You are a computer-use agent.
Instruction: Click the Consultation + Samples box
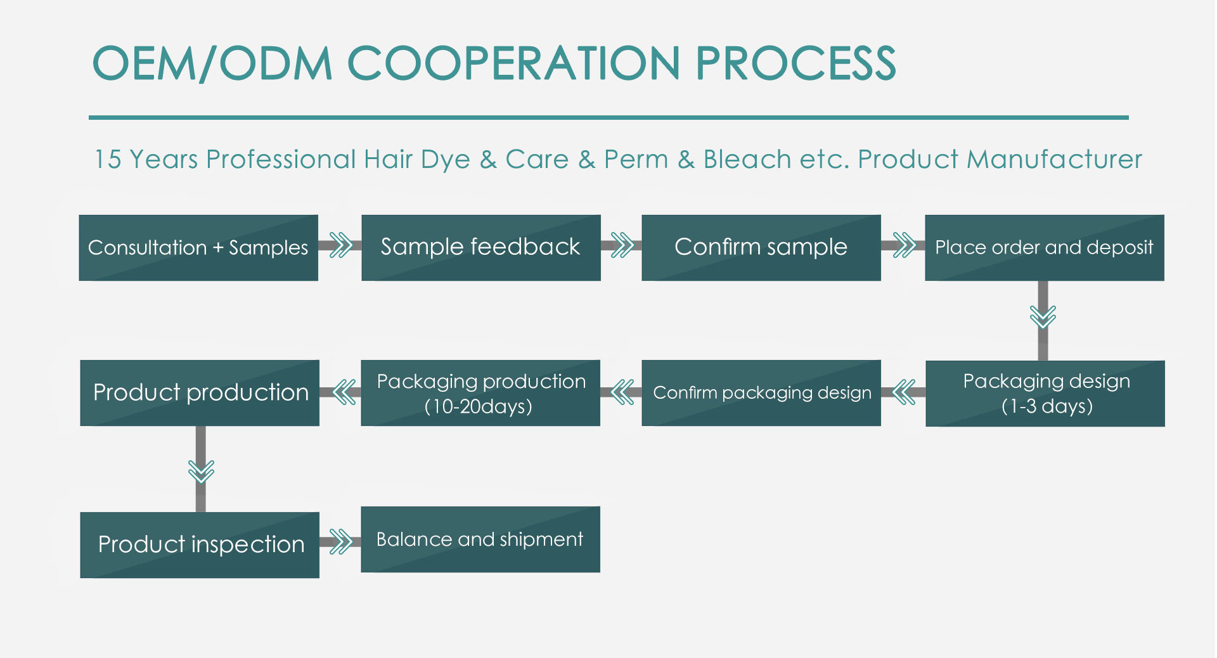coord(198,248)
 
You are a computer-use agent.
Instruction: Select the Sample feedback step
coord(481,248)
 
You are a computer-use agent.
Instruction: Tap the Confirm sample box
coord(761,248)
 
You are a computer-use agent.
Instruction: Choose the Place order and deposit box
coord(1045,248)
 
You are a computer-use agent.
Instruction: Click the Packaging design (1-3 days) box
coord(1045,394)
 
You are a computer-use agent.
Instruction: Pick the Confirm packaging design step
coord(761,393)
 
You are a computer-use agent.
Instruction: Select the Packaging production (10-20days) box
coord(480,393)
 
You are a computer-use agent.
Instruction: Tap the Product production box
coord(200,393)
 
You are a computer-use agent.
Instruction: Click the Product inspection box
coord(200,545)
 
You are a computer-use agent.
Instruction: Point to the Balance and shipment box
coord(480,539)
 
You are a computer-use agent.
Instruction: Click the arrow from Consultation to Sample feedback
coord(340,245)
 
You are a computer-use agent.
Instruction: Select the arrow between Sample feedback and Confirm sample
coord(622,245)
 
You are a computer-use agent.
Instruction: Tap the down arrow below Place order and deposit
coord(1043,320)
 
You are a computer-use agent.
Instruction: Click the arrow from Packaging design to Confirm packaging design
coord(903,392)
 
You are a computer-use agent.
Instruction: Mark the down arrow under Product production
coord(201,470)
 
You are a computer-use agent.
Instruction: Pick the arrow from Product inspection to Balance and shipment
coord(340,542)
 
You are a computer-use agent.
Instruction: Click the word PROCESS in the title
coord(795,63)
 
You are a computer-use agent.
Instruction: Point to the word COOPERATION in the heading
coord(513,63)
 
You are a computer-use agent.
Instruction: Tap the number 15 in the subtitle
coord(108,159)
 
